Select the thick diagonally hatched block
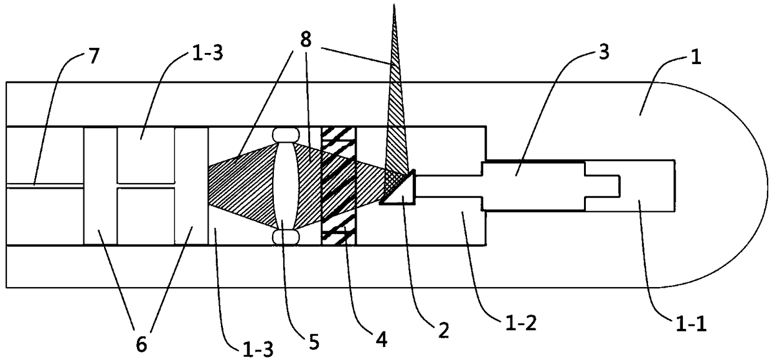click(337, 185)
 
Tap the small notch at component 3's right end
click(613, 184)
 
